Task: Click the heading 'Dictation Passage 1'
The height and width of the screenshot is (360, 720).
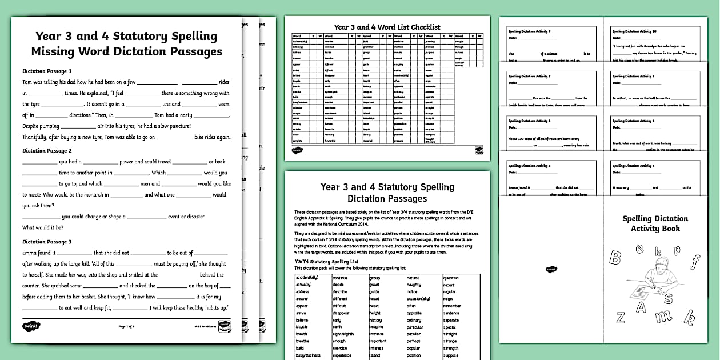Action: click(47, 71)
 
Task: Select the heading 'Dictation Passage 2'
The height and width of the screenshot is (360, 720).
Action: click(47, 151)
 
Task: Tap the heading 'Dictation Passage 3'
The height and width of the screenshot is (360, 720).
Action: click(47, 242)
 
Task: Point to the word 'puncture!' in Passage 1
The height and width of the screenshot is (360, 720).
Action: click(176, 126)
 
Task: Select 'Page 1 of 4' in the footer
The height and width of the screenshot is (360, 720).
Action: click(126, 326)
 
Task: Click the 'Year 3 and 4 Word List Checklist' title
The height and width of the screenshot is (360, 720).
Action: click(387, 27)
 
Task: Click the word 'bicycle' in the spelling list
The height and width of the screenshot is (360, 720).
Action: click(302, 327)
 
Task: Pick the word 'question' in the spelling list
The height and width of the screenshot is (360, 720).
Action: click(451, 278)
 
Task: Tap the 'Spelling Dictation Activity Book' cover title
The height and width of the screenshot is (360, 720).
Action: click(655, 223)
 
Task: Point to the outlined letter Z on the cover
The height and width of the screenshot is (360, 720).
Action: click(621, 318)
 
